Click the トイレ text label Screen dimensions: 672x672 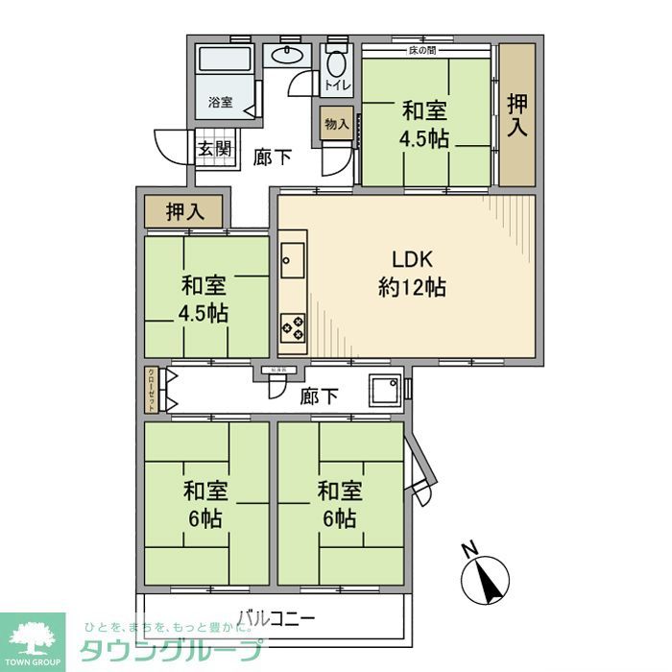pyautogui.click(x=337, y=86)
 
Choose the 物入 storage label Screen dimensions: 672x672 pyautogui.click(x=336, y=124)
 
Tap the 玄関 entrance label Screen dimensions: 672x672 pyautogui.click(x=214, y=149)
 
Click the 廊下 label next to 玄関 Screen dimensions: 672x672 pyautogui.click(x=273, y=156)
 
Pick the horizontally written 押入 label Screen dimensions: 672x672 pyautogui.click(x=182, y=212)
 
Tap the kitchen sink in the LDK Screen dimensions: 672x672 pyautogui.click(x=292, y=258)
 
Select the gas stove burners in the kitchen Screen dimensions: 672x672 pyautogui.click(x=292, y=326)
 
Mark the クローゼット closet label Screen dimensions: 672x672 pyautogui.click(x=152, y=390)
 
